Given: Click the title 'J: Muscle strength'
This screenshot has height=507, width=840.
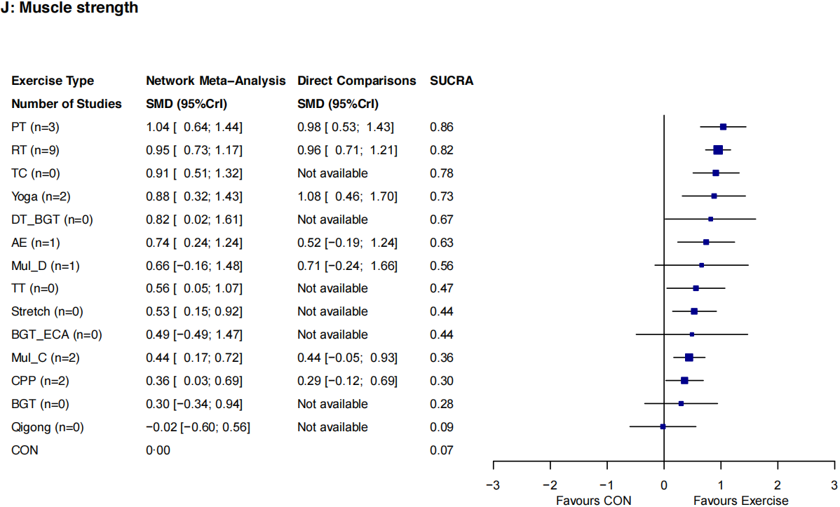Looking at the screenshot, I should [x=70, y=9].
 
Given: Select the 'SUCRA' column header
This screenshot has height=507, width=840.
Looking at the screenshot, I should [x=451, y=81].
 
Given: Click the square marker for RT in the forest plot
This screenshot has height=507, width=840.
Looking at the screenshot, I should [x=718, y=150].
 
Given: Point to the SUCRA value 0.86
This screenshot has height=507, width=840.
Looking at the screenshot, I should [x=442, y=127].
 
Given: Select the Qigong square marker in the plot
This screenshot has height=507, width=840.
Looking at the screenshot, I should [x=663, y=426].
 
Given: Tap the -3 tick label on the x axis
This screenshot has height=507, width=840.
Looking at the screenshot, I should [x=494, y=485].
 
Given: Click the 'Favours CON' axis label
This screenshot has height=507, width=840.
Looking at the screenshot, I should [x=593, y=500].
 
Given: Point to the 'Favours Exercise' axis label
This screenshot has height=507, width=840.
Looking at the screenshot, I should [x=740, y=500].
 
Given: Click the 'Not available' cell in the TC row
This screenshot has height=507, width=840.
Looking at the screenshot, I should [x=332, y=173].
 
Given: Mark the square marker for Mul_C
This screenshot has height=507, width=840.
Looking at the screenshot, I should [x=689, y=358].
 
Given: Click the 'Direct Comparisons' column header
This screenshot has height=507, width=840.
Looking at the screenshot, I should [x=357, y=81].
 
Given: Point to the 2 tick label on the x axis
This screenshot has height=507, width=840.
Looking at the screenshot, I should [x=777, y=485].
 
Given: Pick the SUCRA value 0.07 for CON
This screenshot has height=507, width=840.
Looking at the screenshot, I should [x=442, y=450].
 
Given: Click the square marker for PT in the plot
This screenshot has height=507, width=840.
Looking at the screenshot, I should [x=723, y=127].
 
